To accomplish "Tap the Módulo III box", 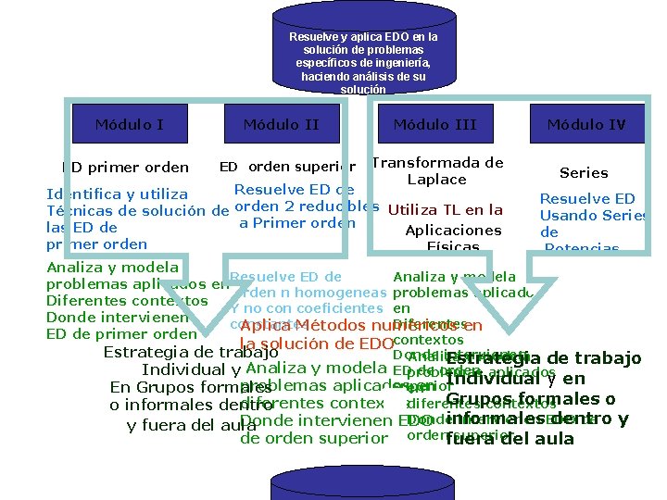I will [x=434, y=124].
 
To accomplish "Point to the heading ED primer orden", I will [x=125, y=168].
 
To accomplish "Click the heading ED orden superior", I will [x=287, y=168].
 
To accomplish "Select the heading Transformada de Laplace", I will [x=436, y=170].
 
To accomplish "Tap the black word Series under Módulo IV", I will [x=584, y=173].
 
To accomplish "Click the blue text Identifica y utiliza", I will [x=118, y=194].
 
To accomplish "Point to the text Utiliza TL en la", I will [x=446, y=210].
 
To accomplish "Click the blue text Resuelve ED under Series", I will [x=587, y=199].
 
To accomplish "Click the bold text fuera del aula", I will [x=510, y=439].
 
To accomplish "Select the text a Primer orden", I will [x=297, y=222].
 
